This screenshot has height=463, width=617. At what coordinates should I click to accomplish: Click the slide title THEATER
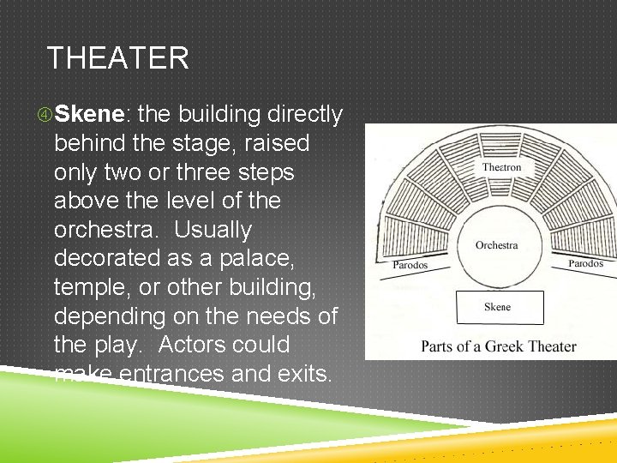click(x=118, y=58)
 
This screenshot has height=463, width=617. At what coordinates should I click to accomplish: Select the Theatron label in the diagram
click(x=501, y=167)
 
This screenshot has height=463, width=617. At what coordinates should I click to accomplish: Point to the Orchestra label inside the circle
click(x=497, y=245)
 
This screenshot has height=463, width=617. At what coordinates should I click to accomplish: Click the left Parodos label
click(x=410, y=265)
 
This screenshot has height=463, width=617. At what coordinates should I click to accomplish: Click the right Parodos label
click(x=585, y=263)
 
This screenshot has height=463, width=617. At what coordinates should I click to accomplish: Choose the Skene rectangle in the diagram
click(x=499, y=307)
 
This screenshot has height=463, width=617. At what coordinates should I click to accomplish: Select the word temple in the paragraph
click(x=90, y=287)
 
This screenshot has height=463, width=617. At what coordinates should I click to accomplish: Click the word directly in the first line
click(x=305, y=114)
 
